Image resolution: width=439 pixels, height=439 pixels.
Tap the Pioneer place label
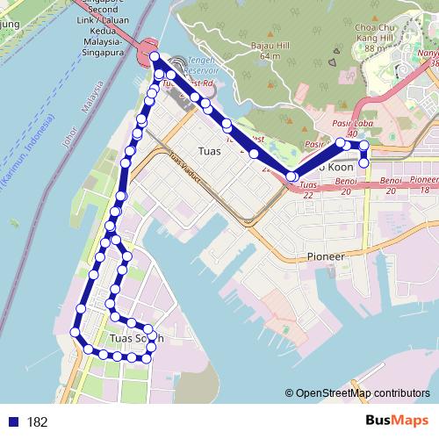click(327, 255)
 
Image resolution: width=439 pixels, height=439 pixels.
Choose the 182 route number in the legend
click(37, 422)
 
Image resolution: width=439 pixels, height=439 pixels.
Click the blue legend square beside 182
click(13, 422)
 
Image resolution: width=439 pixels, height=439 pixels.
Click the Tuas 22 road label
click(307, 191)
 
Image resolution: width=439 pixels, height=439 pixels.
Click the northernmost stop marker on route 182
click(155, 57)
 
